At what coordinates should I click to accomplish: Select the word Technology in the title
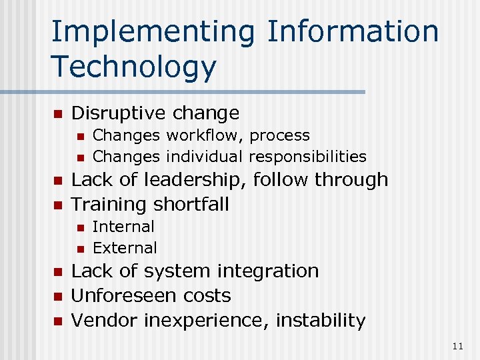click(x=133, y=67)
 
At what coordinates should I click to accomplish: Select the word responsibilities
click(x=307, y=157)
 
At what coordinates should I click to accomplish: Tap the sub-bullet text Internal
click(x=123, y=227)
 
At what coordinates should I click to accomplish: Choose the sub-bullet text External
click(x=125, y=248)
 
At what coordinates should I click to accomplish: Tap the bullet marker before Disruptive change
click(x=57, y=114)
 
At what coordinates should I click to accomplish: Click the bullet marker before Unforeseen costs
click(x=57, y=296)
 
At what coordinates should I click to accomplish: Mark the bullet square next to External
click(x=79, y=249)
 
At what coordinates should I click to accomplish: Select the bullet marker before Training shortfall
click(x=57, y=205)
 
